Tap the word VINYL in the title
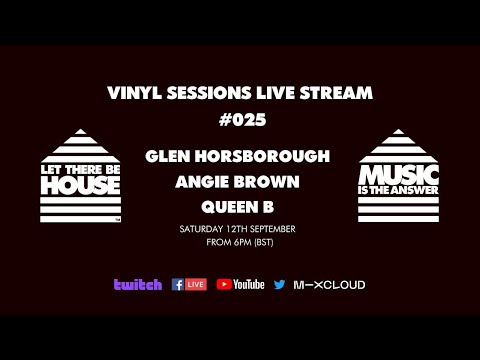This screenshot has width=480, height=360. [x=132, y=93]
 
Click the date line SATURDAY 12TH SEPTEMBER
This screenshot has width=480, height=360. [x=239, y=229]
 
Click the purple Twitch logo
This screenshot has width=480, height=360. [x=138, y=285]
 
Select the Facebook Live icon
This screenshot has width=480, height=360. [x=189, y=285]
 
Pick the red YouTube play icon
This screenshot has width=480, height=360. [x=224, y=285]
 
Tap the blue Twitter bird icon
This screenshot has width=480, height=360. [x=279, y=285]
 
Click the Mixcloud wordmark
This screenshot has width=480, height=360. [x=329, y=285]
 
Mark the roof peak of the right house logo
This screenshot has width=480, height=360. [x=399, y=128]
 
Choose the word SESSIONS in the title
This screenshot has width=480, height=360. [x=204, y=93]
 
